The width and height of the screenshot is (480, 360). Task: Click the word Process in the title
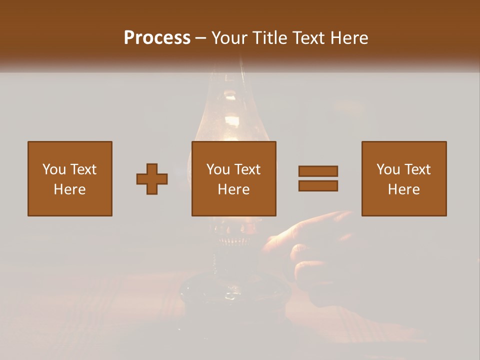pyautogui.click(x=157, y=38)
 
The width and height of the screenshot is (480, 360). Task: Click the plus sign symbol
pyautogui.click(x=152, y=179)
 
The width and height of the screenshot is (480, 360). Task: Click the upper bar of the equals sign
pyautogui.click(x=318, y=171)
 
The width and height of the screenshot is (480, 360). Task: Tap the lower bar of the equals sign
pyautogui.click(x=318, y=186)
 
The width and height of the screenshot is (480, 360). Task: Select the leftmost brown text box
pyautogui.click(x=70, y=178)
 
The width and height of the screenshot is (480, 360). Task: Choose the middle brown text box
pyautogui.click(x=234, y=178)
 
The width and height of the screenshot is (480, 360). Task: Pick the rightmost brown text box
pyautogui.click(x=404, y=178)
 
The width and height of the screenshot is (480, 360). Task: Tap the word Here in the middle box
pyautogui.click(x=234, y=189)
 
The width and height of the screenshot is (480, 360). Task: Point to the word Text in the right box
pyautogui.click(x=417, y=169)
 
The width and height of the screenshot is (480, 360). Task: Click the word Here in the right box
pyautogui.click(x=404, y=189)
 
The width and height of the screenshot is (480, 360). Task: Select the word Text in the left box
pyautogui.click(x=83, y=169)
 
